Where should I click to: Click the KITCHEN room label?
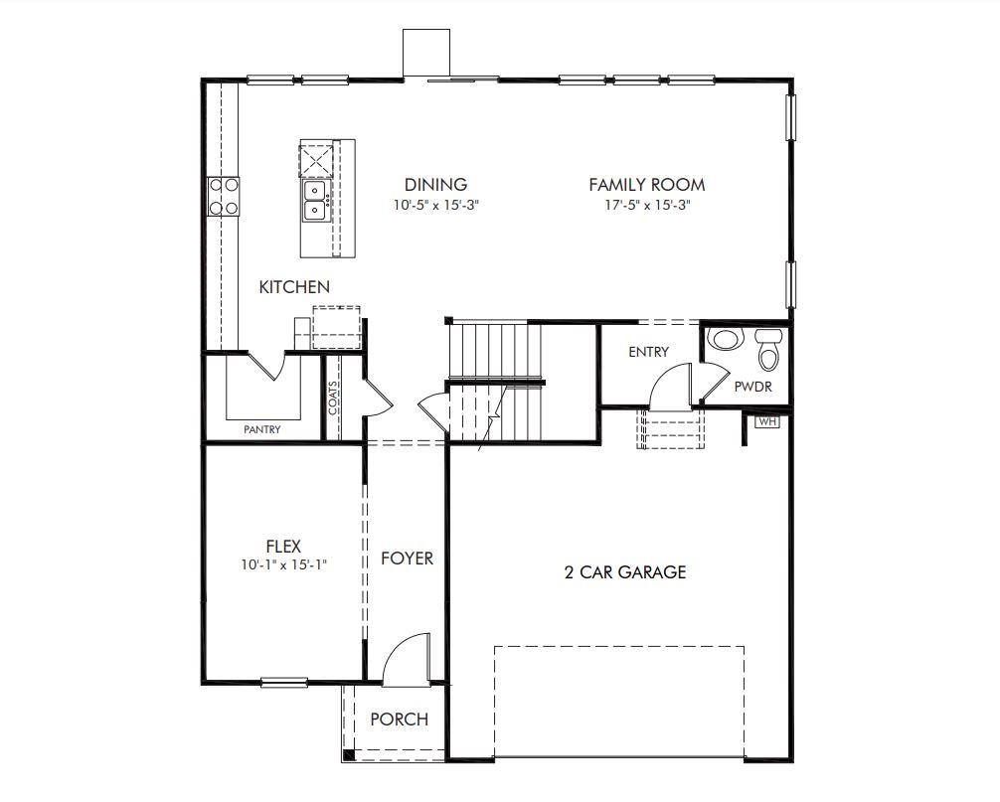pos(294,287)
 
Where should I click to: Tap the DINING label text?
pos(435,185)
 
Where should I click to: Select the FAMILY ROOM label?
pos(646,185)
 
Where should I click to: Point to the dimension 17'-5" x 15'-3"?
pos(646,206)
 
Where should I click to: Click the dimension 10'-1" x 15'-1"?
pos(283,564)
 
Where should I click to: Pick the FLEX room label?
pos(283,546)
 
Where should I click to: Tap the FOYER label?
pos(408,559)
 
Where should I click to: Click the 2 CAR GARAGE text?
pos(625,572)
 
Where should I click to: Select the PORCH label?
pos(399,720)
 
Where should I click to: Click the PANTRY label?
pos(262,430)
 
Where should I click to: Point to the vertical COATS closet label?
pos(334,398)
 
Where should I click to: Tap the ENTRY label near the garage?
pos(648,352)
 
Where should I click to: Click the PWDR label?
pos(752,387)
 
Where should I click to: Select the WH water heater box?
pos(766,421)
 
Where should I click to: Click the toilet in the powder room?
pos(768,348)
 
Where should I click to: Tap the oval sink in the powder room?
pos(725,340)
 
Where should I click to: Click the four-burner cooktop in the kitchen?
pos(223,196)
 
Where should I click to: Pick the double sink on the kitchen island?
pos(315,199)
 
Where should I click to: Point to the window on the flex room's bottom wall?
pos(283,682)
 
